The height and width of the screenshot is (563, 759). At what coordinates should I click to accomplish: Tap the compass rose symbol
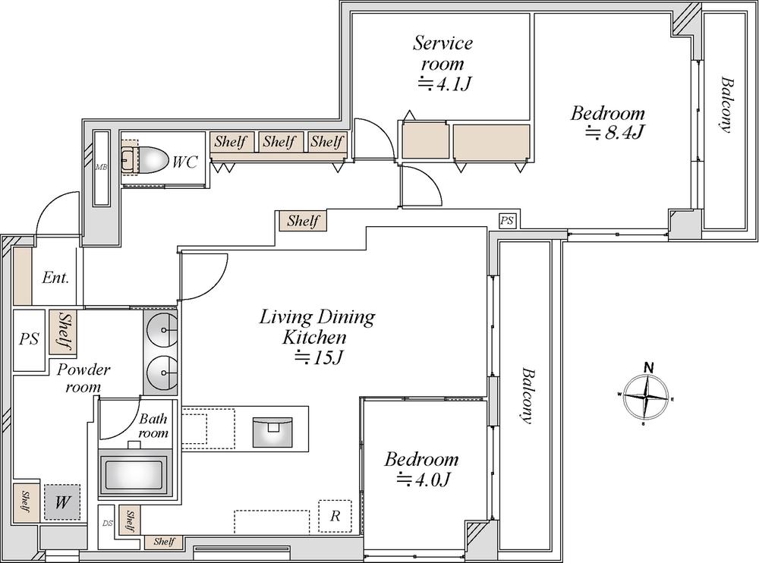(x=646, y=397)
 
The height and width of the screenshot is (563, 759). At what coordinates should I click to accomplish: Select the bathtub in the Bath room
(x=134, y=475)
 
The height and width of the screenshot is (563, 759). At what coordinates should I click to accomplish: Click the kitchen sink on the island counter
(x=271, y=431)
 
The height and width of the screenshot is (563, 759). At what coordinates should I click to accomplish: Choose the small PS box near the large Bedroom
(x=507, y=220)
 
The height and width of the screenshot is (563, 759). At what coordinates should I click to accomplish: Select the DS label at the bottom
(x=109, y=523)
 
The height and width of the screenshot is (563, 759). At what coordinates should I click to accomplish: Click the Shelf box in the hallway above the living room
(x=302, y=222)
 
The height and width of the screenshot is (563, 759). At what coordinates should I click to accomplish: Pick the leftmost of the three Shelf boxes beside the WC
(x=230, y=142)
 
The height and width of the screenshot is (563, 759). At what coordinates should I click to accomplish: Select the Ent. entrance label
(x=56, y=278)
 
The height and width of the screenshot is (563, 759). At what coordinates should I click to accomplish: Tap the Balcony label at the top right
(x=726, y=105)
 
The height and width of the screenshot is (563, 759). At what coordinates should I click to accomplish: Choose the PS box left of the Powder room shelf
(x=29, y=339)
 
